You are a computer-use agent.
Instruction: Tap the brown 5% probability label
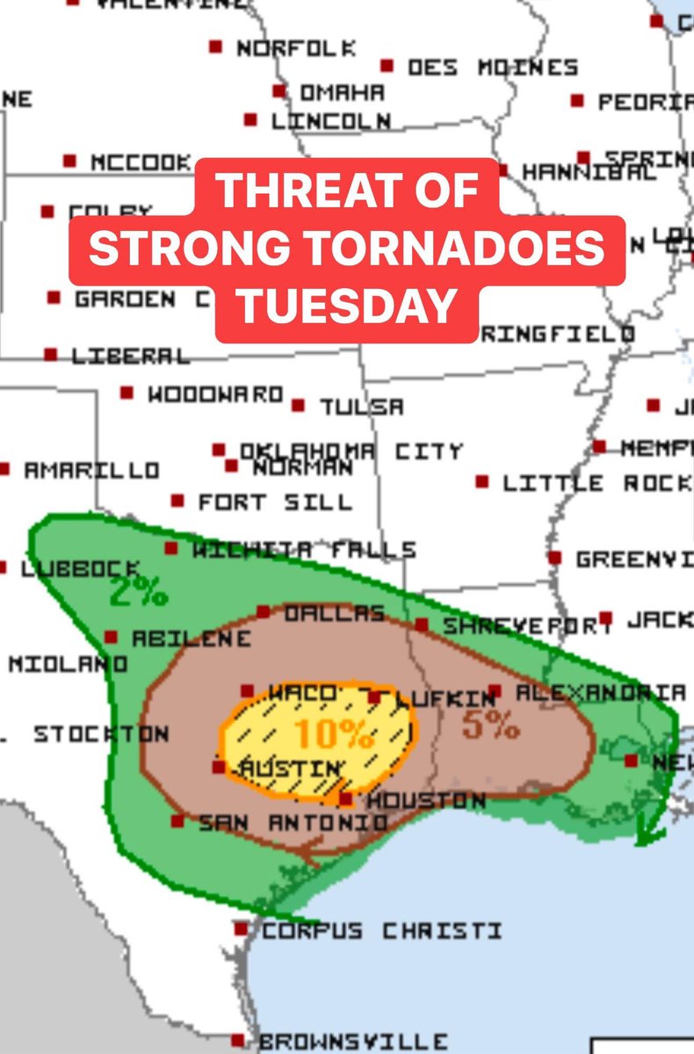click(490, 725)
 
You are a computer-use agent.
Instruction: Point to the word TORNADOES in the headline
click(462, 249)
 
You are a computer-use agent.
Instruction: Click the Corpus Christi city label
click(382, 930)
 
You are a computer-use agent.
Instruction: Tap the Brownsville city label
click(353, 1042)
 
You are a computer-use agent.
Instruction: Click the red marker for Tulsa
click(299, 406)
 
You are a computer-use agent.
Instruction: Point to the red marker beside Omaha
click(280, 91)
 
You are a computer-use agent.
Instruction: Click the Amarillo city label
click(91, 471)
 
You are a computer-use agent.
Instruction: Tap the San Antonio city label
click(293, 823)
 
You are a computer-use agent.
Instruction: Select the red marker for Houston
click(347, 799)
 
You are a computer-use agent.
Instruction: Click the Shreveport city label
click(527, 626)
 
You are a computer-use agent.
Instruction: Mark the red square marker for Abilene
click(112, 637)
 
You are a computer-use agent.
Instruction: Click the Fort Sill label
click(274, 502)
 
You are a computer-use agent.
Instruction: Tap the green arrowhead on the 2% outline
click(648, 835)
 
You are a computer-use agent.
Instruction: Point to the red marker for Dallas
click(263, 611)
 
